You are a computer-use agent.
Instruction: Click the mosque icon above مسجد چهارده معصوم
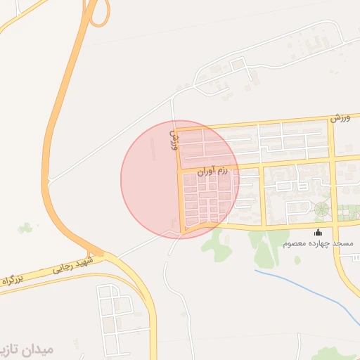(319, 233)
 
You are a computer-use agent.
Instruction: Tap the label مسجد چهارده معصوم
(319, 243)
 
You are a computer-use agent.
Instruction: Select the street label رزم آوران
(213, 169)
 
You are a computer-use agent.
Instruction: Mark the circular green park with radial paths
(322, 209)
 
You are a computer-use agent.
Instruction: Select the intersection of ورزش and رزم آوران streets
(179, 169)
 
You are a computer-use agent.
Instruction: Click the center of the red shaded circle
(180, 179)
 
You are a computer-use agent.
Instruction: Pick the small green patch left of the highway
(26, 228)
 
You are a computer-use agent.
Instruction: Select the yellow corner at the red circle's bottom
(184, 230)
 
